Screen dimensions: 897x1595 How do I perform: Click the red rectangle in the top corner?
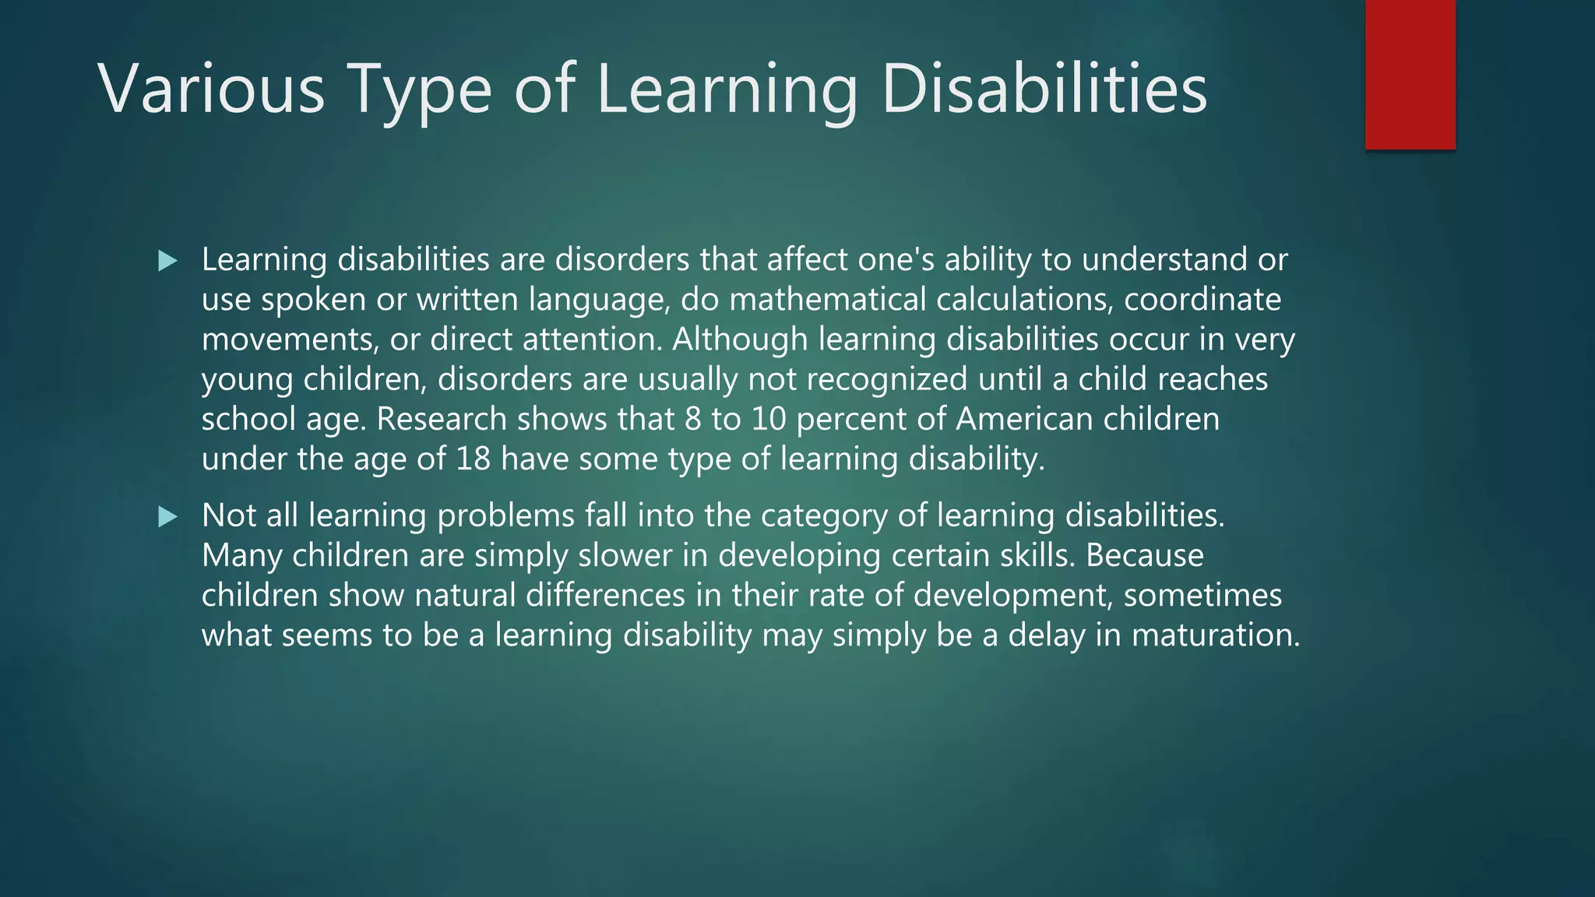(x=1410, y=75)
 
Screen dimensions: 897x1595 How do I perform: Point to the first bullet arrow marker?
(x=167, y=261)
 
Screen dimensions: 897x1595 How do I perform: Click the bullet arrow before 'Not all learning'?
(x=167, y=516)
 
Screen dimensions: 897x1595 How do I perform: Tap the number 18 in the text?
(x=473, y=459)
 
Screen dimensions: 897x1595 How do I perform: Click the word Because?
(x=1144, y=556)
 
